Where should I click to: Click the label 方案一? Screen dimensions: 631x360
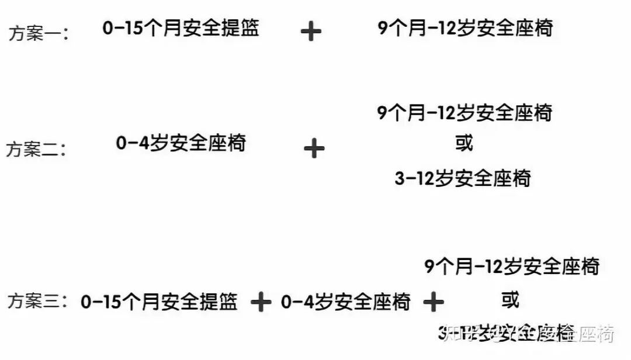pos(39,33)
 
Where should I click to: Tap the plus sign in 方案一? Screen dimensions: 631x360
pos(311,31)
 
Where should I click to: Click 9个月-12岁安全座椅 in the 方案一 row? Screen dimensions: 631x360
pos(465,29)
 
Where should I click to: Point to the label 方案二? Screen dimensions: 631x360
pos(36,149)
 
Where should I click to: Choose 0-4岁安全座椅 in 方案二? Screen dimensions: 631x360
pos(181,143)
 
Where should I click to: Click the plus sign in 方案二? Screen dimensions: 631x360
pos(314,148)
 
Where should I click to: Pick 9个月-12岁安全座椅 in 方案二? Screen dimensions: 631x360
pos(465,112)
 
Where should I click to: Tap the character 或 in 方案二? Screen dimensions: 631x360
pos(464,143)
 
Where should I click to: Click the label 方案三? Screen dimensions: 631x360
pos(39,302)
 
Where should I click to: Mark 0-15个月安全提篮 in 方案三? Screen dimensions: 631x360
pos(160,302)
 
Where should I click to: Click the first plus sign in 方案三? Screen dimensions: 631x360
pos(261,302)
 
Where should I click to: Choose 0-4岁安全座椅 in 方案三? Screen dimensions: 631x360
pos(346,302)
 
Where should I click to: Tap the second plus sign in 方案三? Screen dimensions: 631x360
pos(434,302)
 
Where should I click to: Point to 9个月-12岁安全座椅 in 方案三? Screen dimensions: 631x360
pos(512,267)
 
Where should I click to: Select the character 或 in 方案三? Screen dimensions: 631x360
pos(510,300)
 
